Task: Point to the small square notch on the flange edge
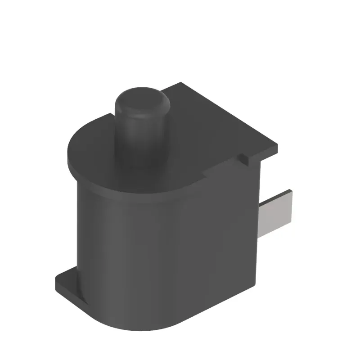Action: pos(243,158)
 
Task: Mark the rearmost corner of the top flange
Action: pos(181,83)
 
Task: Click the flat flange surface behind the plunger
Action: pos(202,117)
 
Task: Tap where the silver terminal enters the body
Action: pos(262,220)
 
